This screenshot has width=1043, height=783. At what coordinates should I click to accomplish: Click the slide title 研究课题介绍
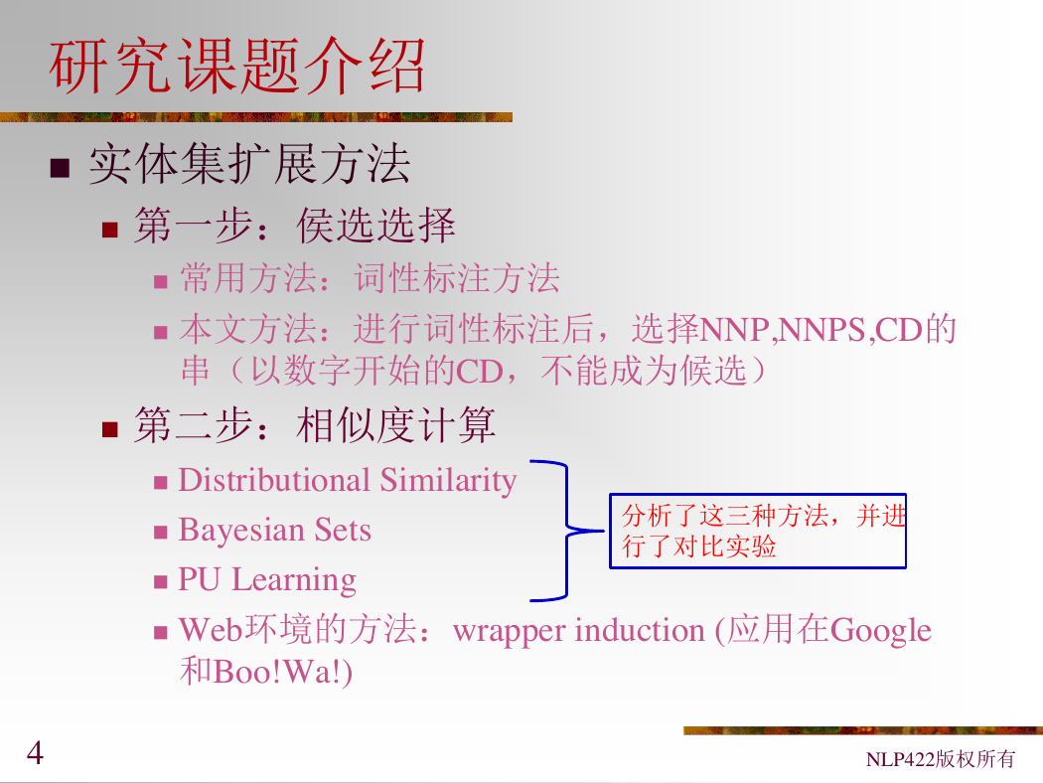(x=236, y=66)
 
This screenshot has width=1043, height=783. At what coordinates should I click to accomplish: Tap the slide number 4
(x=35, y=753)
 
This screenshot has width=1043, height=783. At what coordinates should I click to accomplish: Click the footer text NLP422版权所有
(x=940, y=758)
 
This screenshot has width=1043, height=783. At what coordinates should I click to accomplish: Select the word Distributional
(x=274, y=480)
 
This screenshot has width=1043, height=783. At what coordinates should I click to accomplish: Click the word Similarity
(x=448, y=480)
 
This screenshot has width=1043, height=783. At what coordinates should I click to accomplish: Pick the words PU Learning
(x=267, y=579)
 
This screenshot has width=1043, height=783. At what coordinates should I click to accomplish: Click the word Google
(x=881, y=631)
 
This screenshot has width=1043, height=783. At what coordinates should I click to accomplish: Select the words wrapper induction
(x=578, y=631)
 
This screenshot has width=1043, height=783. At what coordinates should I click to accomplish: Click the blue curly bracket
(x=567, y=531)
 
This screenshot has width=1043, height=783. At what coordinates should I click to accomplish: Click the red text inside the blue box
(x=764, y=531)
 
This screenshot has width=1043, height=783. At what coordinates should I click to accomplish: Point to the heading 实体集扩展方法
(x=249, y=164)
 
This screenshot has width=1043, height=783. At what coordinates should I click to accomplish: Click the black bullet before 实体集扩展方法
(x=60, y=168)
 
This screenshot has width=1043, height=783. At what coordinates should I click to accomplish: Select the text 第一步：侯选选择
(x=295, y=226)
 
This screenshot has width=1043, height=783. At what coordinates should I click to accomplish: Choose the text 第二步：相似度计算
(x=315, y=425)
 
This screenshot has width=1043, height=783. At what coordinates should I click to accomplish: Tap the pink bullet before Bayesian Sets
(x=160, y=533)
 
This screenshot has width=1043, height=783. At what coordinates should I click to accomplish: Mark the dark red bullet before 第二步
(x=109, y=429)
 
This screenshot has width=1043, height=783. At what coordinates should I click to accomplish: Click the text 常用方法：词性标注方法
(x=370, y=278)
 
